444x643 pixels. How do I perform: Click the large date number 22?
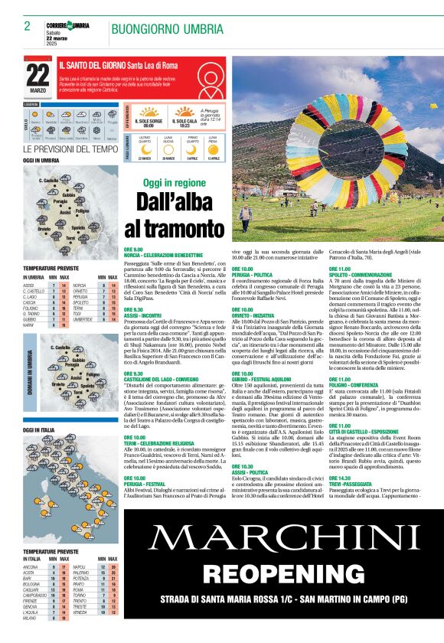pos(38,75)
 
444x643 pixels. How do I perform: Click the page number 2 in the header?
pos(27,26)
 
